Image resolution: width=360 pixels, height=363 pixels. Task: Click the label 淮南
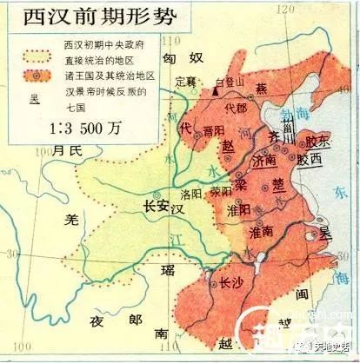tap(262, 233)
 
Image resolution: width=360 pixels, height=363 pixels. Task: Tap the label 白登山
tap(229, 79)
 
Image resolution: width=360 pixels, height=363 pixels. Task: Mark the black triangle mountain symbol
tap(216, 90)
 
